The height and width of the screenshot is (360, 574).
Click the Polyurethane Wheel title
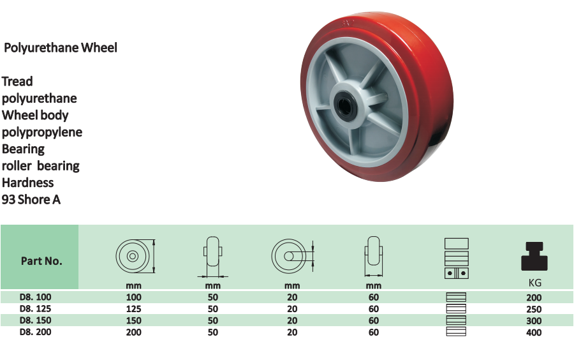[61, 48]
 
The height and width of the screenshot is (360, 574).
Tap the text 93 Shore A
[31, 200]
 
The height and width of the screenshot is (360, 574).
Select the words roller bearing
[41, 166]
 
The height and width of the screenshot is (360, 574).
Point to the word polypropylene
[42, 132]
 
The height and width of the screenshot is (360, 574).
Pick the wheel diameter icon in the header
[135, 256]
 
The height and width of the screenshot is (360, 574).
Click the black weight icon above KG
[534, 257]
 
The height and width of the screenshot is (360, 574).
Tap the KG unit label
[535, 283]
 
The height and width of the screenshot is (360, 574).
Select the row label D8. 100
[36, 297]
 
